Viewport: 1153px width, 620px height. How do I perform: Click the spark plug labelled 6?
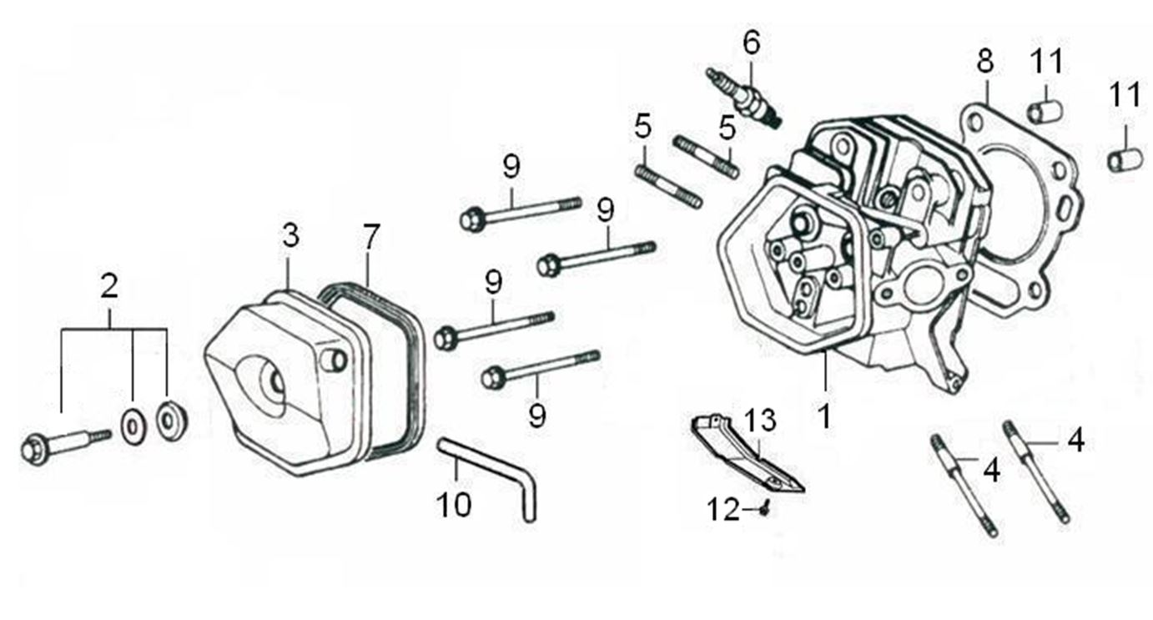coord(744,98)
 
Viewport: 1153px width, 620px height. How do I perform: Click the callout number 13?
coord(760,420)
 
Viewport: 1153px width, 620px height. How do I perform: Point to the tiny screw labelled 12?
coord(765,509)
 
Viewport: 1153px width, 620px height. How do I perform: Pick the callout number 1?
coord(824,416)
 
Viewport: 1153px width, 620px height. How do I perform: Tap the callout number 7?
coord(370,236)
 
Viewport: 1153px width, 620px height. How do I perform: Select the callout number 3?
coord(290,235)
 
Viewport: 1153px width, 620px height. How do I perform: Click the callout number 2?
coord(109,285)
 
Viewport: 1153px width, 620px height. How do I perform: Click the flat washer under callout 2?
coord(133,427)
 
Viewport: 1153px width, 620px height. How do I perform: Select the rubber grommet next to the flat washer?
coord(172,421)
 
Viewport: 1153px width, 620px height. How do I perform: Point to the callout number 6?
coord(752,43)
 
